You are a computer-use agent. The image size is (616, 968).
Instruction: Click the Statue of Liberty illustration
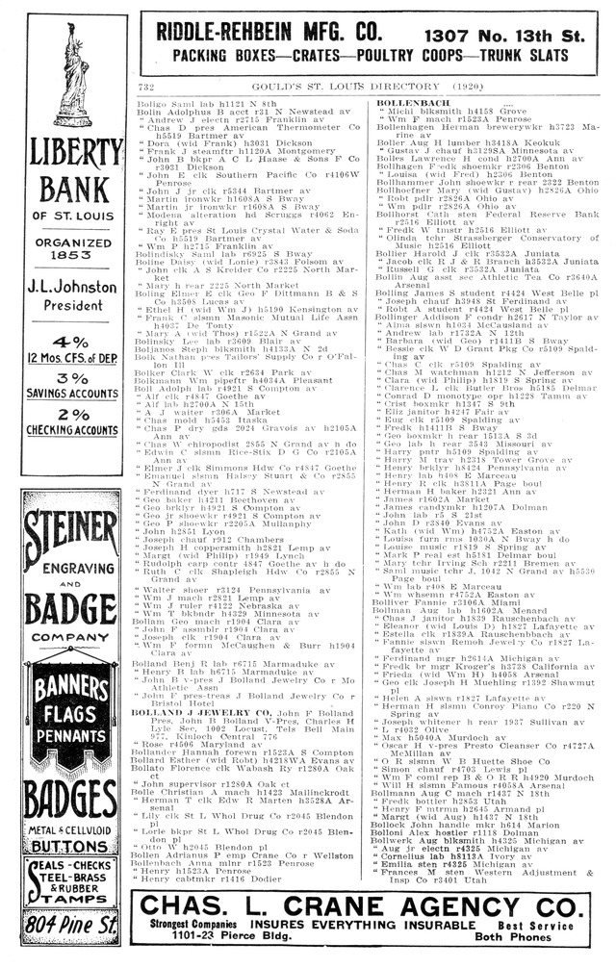[72, 75]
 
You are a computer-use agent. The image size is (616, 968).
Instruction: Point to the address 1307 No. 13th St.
[511, 34]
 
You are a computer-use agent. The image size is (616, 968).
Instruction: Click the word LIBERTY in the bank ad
[72, 154]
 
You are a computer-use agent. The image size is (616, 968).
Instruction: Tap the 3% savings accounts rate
[72, 378]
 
